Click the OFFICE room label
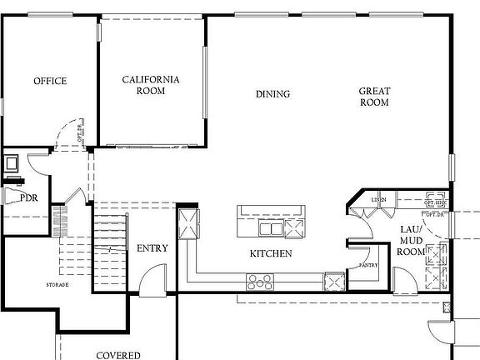50,81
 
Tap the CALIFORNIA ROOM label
151,85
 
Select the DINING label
272,94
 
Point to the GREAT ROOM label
374,97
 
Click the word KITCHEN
271,252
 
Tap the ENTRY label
152,247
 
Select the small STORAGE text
57,285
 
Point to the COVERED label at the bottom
117,355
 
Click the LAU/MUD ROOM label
411,240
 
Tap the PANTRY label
368,265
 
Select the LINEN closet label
378,200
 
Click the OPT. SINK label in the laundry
435,202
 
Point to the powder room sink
12,164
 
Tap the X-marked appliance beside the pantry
334,281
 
